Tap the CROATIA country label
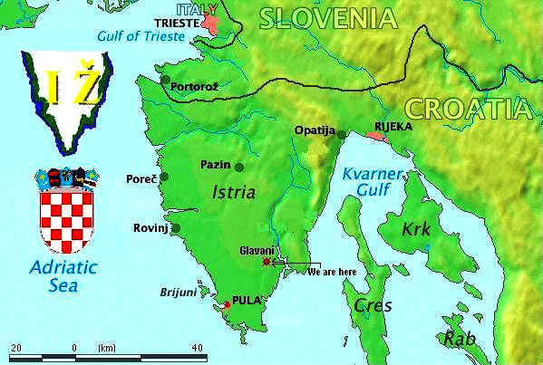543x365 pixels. [467, 109]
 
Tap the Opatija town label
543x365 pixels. [315, 130]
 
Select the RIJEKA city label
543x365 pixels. [393, 127]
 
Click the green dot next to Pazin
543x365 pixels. [239, 167]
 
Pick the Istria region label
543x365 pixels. [233, 192]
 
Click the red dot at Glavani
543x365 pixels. [266, 263]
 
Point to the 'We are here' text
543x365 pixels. [332, 271]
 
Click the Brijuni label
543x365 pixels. [178, 293]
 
